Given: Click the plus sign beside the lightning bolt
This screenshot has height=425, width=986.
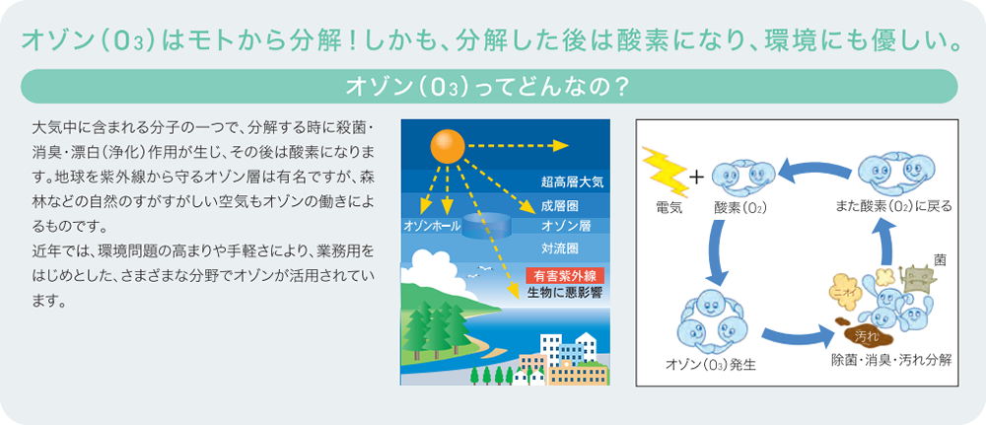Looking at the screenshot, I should tap(697, 177).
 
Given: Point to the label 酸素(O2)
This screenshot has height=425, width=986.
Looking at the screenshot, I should tap(740, 208).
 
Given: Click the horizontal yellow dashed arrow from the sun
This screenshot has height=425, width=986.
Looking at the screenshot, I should tap(518, 146).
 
